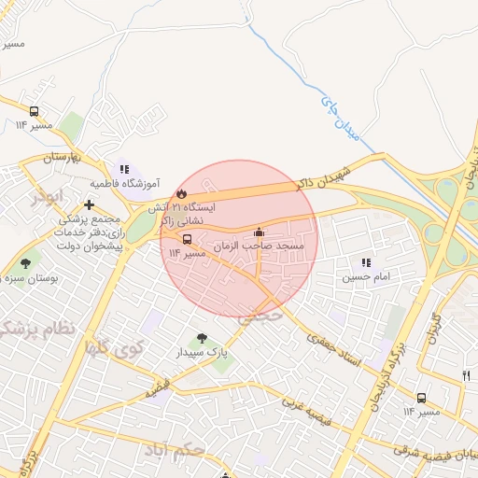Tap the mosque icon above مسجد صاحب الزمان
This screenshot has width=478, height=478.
pos(259,232)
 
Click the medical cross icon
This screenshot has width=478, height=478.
pos(89,204)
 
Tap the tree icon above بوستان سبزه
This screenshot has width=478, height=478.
pos(24,264)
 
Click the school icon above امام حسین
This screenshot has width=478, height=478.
pos(366,263)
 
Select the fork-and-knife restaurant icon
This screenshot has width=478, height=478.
pos(466,374)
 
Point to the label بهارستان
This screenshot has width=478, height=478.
pos(63,157)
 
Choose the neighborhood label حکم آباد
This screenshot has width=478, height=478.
pos(175,451)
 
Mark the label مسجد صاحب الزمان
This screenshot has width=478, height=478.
pos(252,246)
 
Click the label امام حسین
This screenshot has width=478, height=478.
pos(361,277)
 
